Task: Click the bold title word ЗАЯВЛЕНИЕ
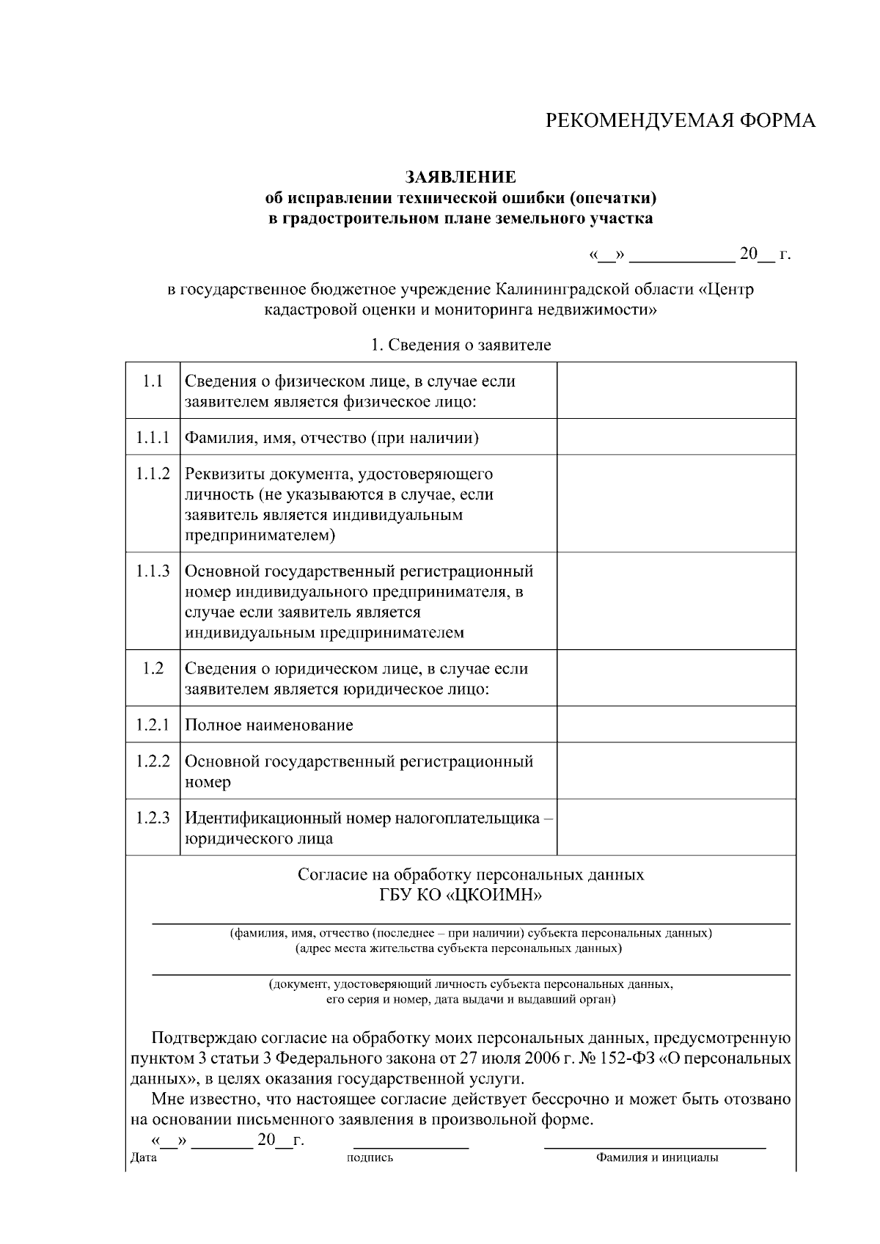click(x=461, y=178)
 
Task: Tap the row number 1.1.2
click(x=153, y=474)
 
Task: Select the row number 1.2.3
click(x=153, y=818)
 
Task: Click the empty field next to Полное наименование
click(x=676, y=725)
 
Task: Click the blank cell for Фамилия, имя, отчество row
click(x=676, y=437)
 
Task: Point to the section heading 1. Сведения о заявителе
click(x=461, y=345)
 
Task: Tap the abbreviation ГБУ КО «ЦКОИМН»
click(x=461, y=895)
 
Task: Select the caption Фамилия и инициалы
click(x=656, y=1158)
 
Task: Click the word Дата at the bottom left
click(x=143, y=1158)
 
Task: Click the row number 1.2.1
click(x=153, y=725)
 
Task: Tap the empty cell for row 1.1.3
click(x=676, y=601)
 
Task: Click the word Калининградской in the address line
click(x=557, y=289)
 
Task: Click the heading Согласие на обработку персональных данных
click(x=471, y=874)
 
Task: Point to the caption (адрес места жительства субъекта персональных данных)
click(x=458, y=948)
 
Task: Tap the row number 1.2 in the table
click(x=153, y=668)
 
